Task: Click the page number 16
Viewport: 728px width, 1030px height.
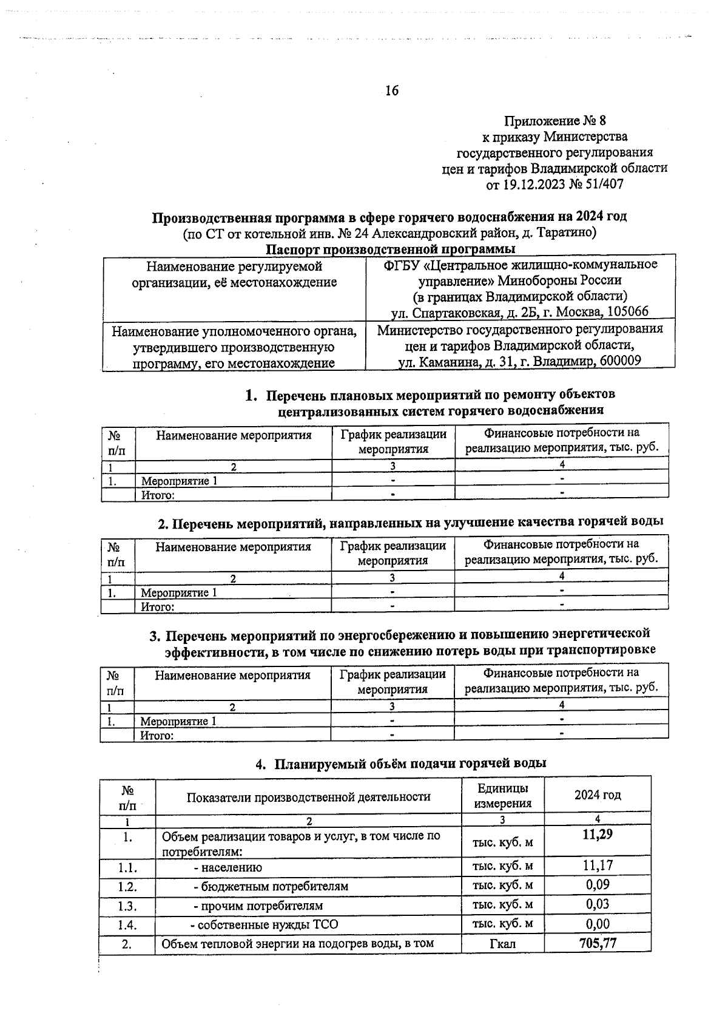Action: pos(392,91)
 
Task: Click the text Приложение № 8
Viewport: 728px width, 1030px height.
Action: pos(555,121)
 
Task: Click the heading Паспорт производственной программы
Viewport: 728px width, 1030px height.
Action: pos(390,249)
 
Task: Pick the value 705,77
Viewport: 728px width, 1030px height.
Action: pos(597,943)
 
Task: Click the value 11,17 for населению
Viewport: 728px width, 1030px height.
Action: pos(597,866)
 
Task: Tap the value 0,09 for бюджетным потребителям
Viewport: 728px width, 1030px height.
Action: pos(597,885)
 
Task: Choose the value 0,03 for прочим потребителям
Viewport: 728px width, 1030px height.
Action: pos(597,904)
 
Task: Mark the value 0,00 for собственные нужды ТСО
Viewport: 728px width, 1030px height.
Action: pos(597,924)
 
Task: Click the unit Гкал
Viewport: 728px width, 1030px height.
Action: pos(502,944)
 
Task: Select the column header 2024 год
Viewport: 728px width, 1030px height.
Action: pos(597,795)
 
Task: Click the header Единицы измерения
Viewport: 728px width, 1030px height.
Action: pos(502,796)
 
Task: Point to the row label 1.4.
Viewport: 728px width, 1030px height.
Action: pos(127,924)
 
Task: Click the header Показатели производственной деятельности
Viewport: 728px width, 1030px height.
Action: pos(308,796)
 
